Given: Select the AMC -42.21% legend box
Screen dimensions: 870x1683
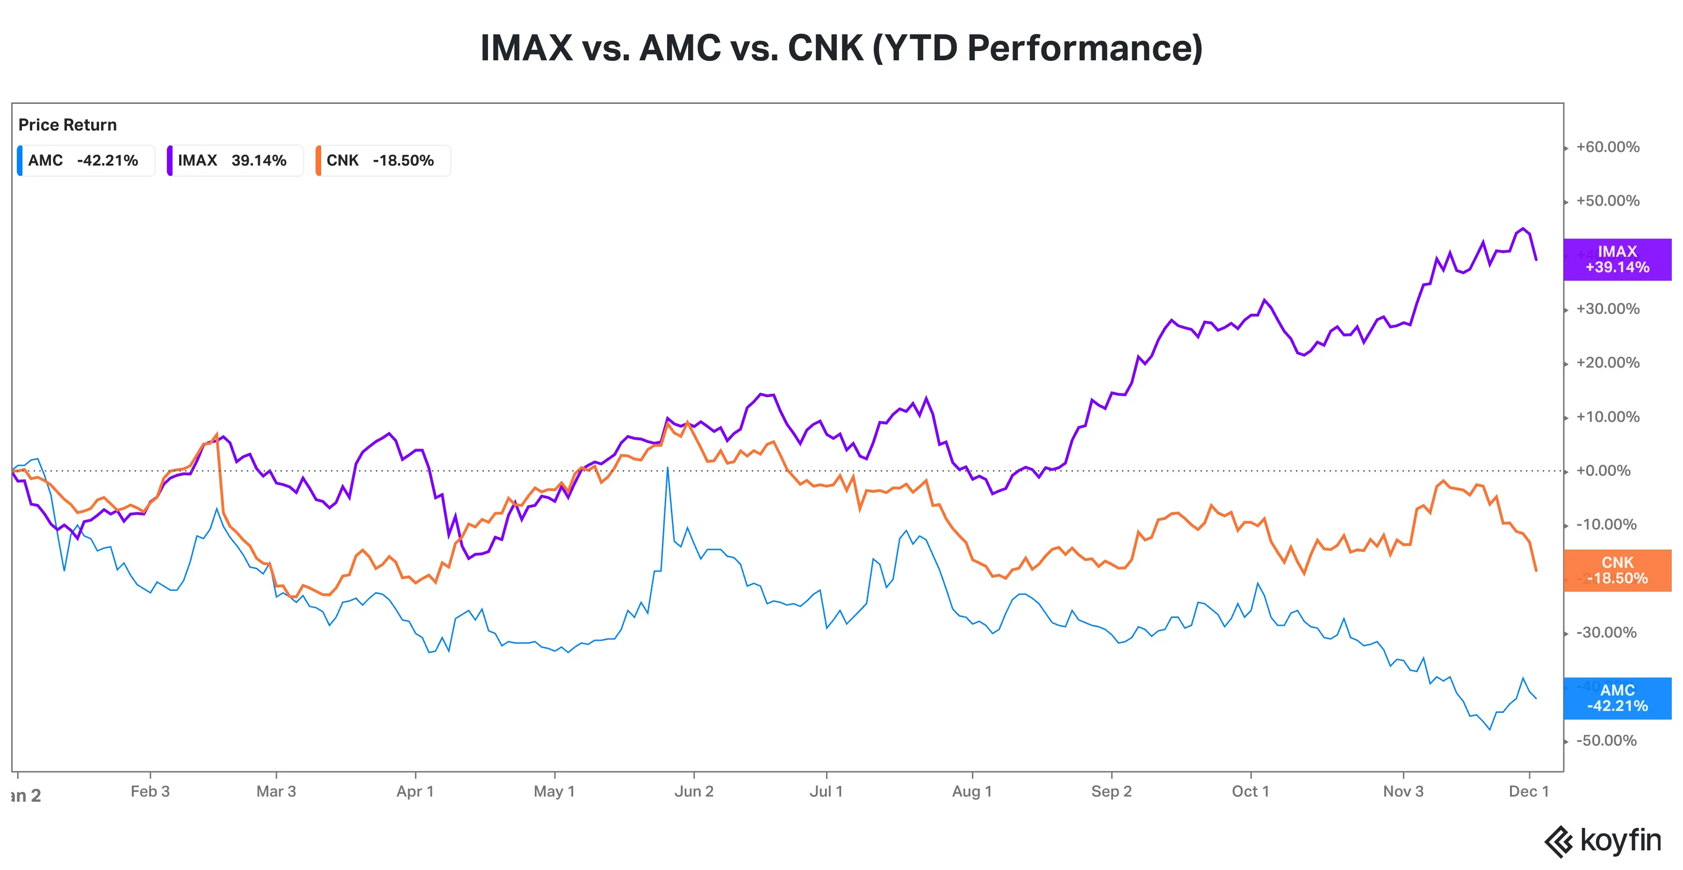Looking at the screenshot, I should (86, 161).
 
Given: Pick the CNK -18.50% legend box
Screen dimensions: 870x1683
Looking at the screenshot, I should (383, 161).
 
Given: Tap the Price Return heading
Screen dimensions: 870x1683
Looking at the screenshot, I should (67, 125).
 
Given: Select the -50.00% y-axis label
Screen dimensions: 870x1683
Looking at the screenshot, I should (1606, 740).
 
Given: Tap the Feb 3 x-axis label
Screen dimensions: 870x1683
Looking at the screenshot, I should (150, 791).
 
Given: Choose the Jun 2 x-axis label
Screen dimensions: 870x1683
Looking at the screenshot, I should (693, 791).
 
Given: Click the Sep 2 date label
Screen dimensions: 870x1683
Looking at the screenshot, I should (1111, 791).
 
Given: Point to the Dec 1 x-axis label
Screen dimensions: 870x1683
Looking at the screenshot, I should (1528, 791).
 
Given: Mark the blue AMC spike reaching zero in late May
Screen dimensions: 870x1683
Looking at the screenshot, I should (667, 469).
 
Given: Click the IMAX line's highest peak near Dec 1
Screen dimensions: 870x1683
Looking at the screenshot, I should (1523, 229).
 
